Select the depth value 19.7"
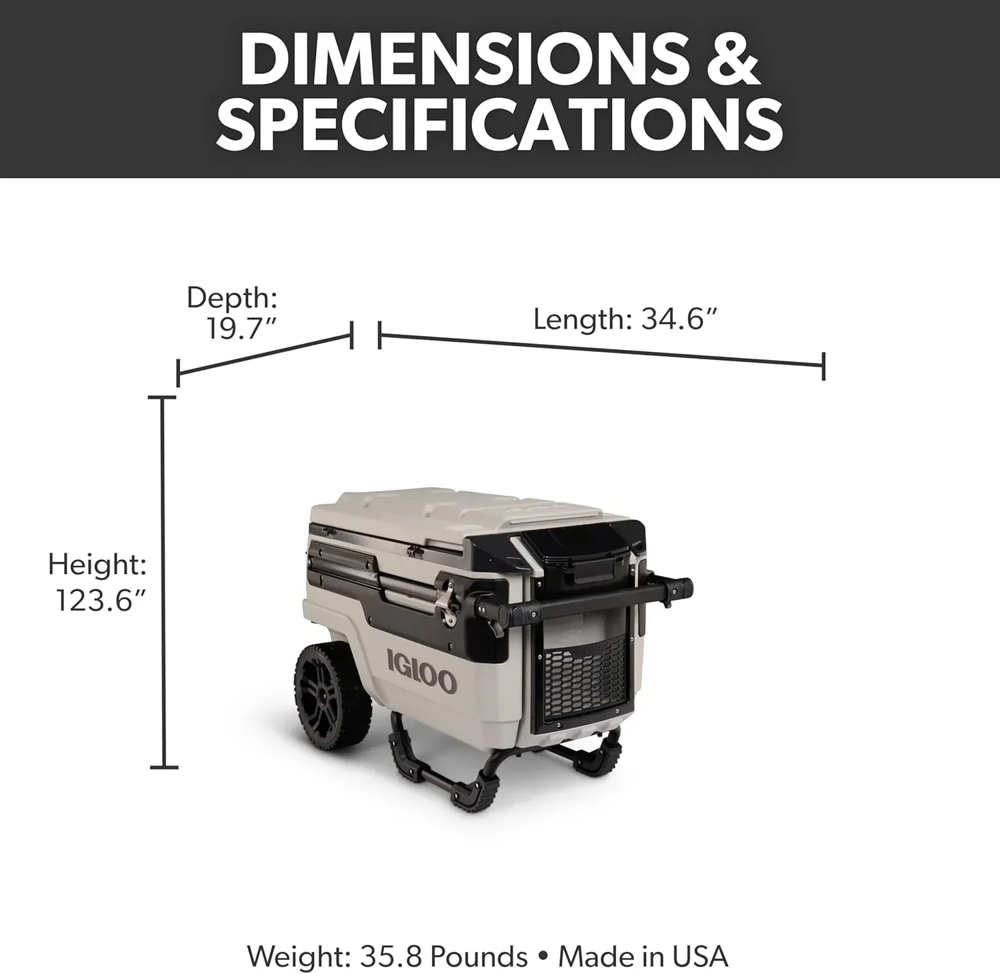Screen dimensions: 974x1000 coord(241,328)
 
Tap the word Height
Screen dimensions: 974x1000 coord(97,565)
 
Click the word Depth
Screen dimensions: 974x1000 coord(231,297)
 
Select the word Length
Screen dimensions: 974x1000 coord(577,319)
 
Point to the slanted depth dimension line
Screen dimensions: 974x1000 coord(264,355)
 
